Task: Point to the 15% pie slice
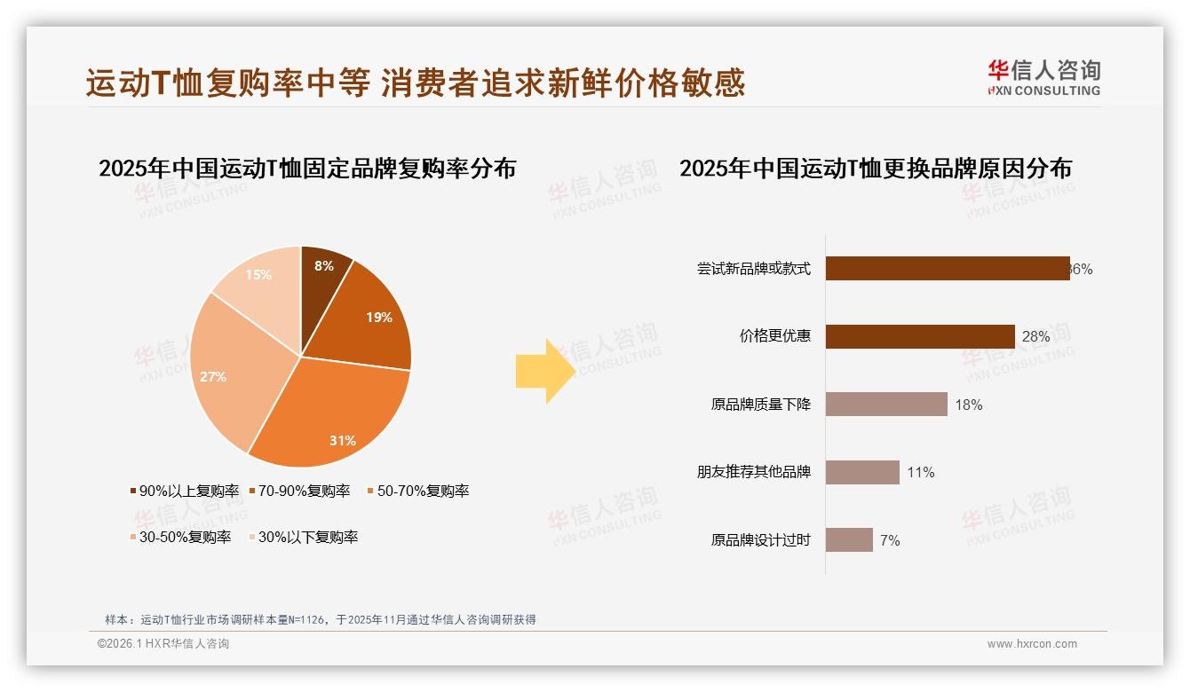point(261,279)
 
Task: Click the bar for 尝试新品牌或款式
point(947,269)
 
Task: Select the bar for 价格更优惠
point(919,336)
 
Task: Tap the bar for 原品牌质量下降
point(885,405)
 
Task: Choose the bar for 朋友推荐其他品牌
point(861,472)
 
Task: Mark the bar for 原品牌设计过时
point(848,539)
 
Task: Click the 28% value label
point(1035,337)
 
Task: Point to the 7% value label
point(890,540)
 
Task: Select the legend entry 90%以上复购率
point(185,491)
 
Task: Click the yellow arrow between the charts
point(544,371)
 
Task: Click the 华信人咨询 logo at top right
point(1043,78)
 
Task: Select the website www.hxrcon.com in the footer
point(1032,644)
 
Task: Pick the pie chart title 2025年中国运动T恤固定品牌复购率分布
point(307,169)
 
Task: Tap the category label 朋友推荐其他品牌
point(754,472)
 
